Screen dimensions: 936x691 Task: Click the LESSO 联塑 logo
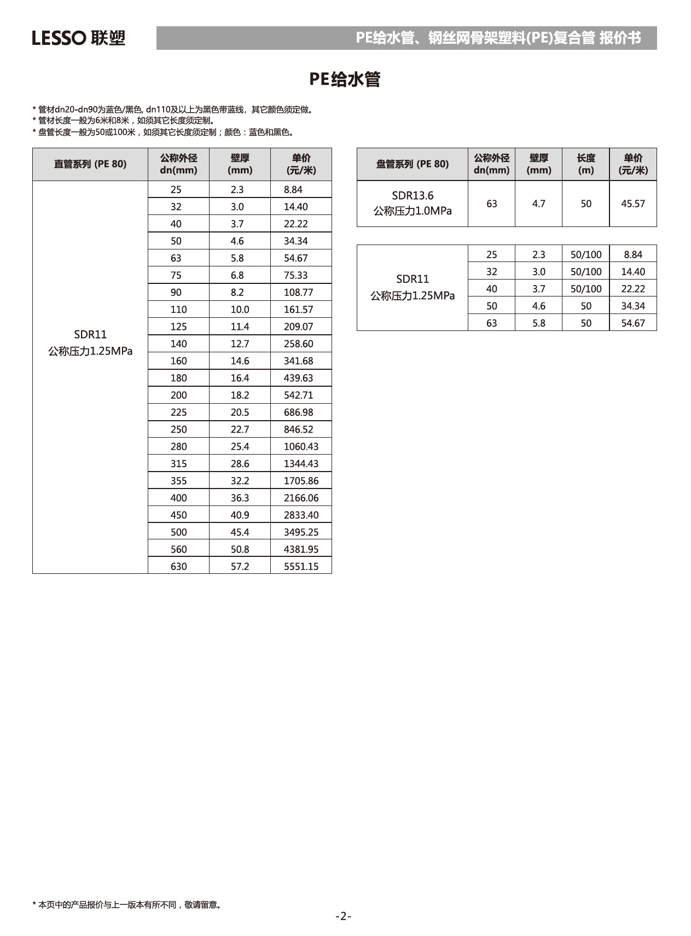pyautogui.click(x=78, y=38)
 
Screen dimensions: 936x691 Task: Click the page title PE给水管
pyautogui.click(x=345, y=79)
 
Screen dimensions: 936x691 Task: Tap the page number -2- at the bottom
pyautogui.click(x=343, y=916)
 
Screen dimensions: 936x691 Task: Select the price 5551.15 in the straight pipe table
pyautogui.click(x=301, y=566)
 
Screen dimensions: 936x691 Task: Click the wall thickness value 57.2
pyautogui.click(x=240, y=566)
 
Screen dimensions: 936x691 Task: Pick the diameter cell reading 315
pyautogui.click(x=178, y=463)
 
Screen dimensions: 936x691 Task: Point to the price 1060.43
pyautogui.click(x=301, y=446)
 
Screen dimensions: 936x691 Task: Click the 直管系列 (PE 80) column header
pyautogui.click(x=90, y=164)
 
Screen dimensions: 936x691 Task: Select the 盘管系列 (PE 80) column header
pyautogui.click(x=412, y=164)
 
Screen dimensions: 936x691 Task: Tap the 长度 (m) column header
pyautogui.click(x=585, y=164)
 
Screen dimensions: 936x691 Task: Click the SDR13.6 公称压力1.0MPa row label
pyautogui.click(x=412, y=204)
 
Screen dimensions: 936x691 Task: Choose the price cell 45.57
pyautogui.click(x=632, y=204)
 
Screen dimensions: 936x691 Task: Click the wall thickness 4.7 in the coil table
pyautogui.click(x=538, y=204)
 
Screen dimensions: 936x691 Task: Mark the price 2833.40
pyautogui.click(x=301, y=515)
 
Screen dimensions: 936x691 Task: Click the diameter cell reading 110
pyautogui.click(x=178, y=309)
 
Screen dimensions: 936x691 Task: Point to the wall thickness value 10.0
pyautogui.click(x=240, y=309)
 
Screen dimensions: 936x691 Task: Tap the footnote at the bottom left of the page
pyautogui.click(x=127, y=905)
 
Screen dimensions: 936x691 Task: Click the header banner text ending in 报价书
pyautogui.click(x=498, y=38)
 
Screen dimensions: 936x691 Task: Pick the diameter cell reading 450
pyautogui.click(x=178, y=515)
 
